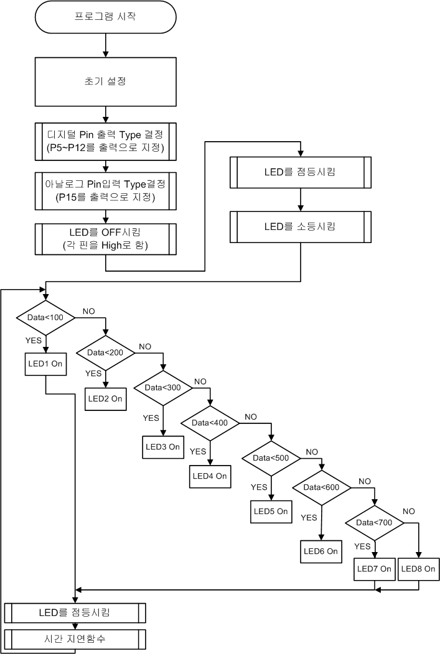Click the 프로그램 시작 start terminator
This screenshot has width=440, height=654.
pos(106,17)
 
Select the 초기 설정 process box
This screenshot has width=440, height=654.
pos(106,81)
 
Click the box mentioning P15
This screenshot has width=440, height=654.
pos(106,189)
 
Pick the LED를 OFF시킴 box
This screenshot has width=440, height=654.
pos(106,238)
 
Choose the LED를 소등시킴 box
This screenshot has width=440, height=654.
pos(301,226)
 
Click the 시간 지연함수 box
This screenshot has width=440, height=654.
pos(75,638)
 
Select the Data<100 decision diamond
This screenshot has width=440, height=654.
pos(46,317)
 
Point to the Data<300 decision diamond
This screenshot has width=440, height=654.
pos(162,387)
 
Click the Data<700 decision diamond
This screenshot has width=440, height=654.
pos(374,522)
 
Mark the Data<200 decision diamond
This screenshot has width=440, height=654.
pos(106,352)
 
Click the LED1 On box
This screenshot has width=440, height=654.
pos(46,364)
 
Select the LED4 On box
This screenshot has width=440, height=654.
pos(210,476)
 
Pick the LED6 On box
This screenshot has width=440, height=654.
pos(321,551)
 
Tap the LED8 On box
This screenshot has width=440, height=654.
pos(418,568)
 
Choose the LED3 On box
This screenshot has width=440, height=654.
pos(162,446)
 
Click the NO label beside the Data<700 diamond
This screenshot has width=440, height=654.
pos(409,511)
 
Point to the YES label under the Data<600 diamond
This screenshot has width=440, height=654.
pos(309,517)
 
